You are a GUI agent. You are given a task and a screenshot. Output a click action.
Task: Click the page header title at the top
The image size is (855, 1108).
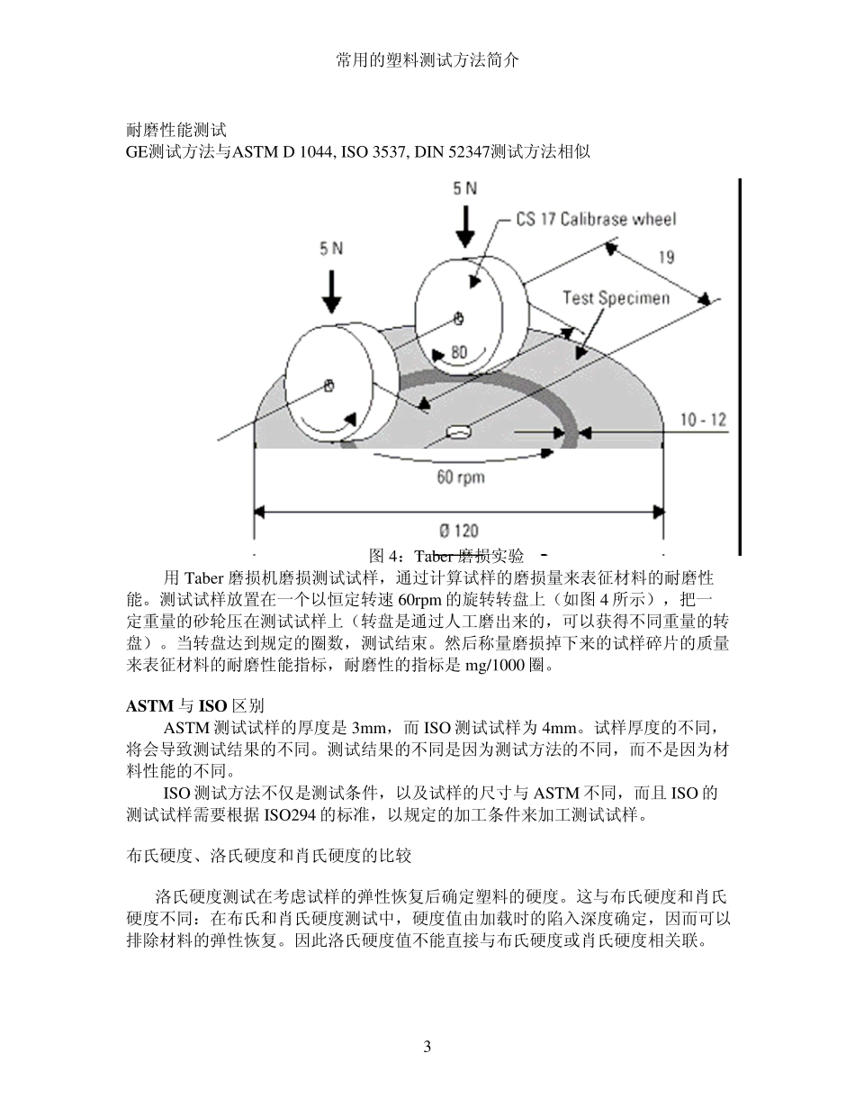coord(427,60)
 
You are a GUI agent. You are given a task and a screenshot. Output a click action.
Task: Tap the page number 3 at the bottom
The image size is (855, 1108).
coord(427,1046)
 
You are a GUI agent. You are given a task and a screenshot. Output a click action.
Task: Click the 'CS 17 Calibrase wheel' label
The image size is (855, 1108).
coord(595,219)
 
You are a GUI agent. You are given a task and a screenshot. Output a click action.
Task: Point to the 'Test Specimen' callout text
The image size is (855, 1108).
coord(616,297)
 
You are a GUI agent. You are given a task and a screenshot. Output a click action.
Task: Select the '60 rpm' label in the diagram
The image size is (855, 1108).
coord(459,476)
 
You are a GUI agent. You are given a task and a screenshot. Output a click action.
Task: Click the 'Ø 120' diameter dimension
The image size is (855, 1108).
coord(458,531)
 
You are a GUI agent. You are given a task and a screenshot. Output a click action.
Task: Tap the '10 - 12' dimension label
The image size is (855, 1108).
coord(703,419)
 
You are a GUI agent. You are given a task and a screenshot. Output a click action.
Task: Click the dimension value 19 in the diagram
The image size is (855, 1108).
coord(665,257)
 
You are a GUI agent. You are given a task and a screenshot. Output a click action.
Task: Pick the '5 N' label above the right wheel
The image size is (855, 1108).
coord(464,188)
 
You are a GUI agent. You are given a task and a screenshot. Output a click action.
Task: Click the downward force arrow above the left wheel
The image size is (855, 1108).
coord(332,289)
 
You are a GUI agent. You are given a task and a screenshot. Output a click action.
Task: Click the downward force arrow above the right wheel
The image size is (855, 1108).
coord(464,226)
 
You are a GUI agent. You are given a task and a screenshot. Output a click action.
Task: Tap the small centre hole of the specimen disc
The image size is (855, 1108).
coord(459,432)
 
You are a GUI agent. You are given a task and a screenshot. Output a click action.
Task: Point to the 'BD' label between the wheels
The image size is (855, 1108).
coord(458,352)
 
